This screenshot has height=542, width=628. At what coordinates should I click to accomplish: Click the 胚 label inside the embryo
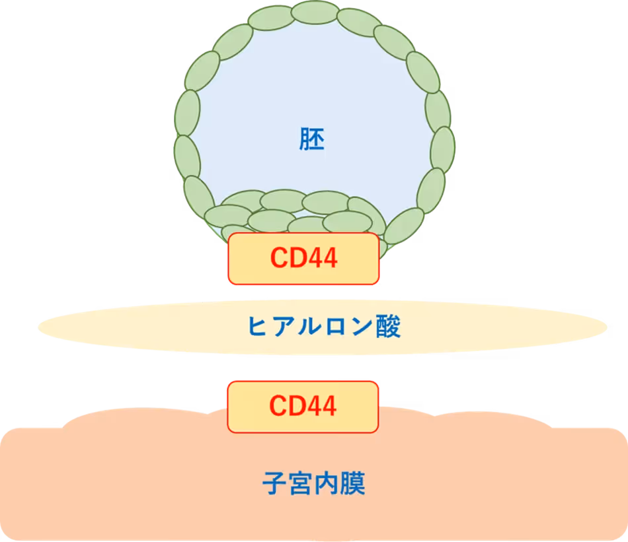coord(311,139)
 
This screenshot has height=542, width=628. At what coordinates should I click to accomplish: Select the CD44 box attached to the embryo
coord(303,258)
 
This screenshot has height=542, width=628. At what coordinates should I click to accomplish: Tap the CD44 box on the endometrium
coord(303,407)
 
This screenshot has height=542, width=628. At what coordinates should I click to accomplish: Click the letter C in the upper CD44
coord(280,257)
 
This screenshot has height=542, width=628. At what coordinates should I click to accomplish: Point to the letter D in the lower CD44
coord(298,406)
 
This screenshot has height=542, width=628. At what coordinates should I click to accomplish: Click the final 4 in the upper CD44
coord(329,257)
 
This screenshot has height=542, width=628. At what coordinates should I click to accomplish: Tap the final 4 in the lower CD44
coord(327,406)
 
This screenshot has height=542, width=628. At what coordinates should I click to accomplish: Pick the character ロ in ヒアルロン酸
coord(336,327)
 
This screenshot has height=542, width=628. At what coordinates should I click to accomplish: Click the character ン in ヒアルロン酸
coord(362,326)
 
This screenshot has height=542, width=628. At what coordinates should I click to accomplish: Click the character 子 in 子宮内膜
coord(275,483)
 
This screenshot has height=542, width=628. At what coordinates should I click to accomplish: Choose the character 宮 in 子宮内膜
coord(301,483)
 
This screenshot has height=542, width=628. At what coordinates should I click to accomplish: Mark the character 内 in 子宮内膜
coord(327,483)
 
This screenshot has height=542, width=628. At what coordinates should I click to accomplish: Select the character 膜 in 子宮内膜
coord(352,483)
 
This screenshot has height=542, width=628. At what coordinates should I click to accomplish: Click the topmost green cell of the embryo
coord(315,12)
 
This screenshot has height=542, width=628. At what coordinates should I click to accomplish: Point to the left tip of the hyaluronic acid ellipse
coord(38,327)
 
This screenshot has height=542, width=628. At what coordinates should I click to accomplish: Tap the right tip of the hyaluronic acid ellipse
coord(607,327)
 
